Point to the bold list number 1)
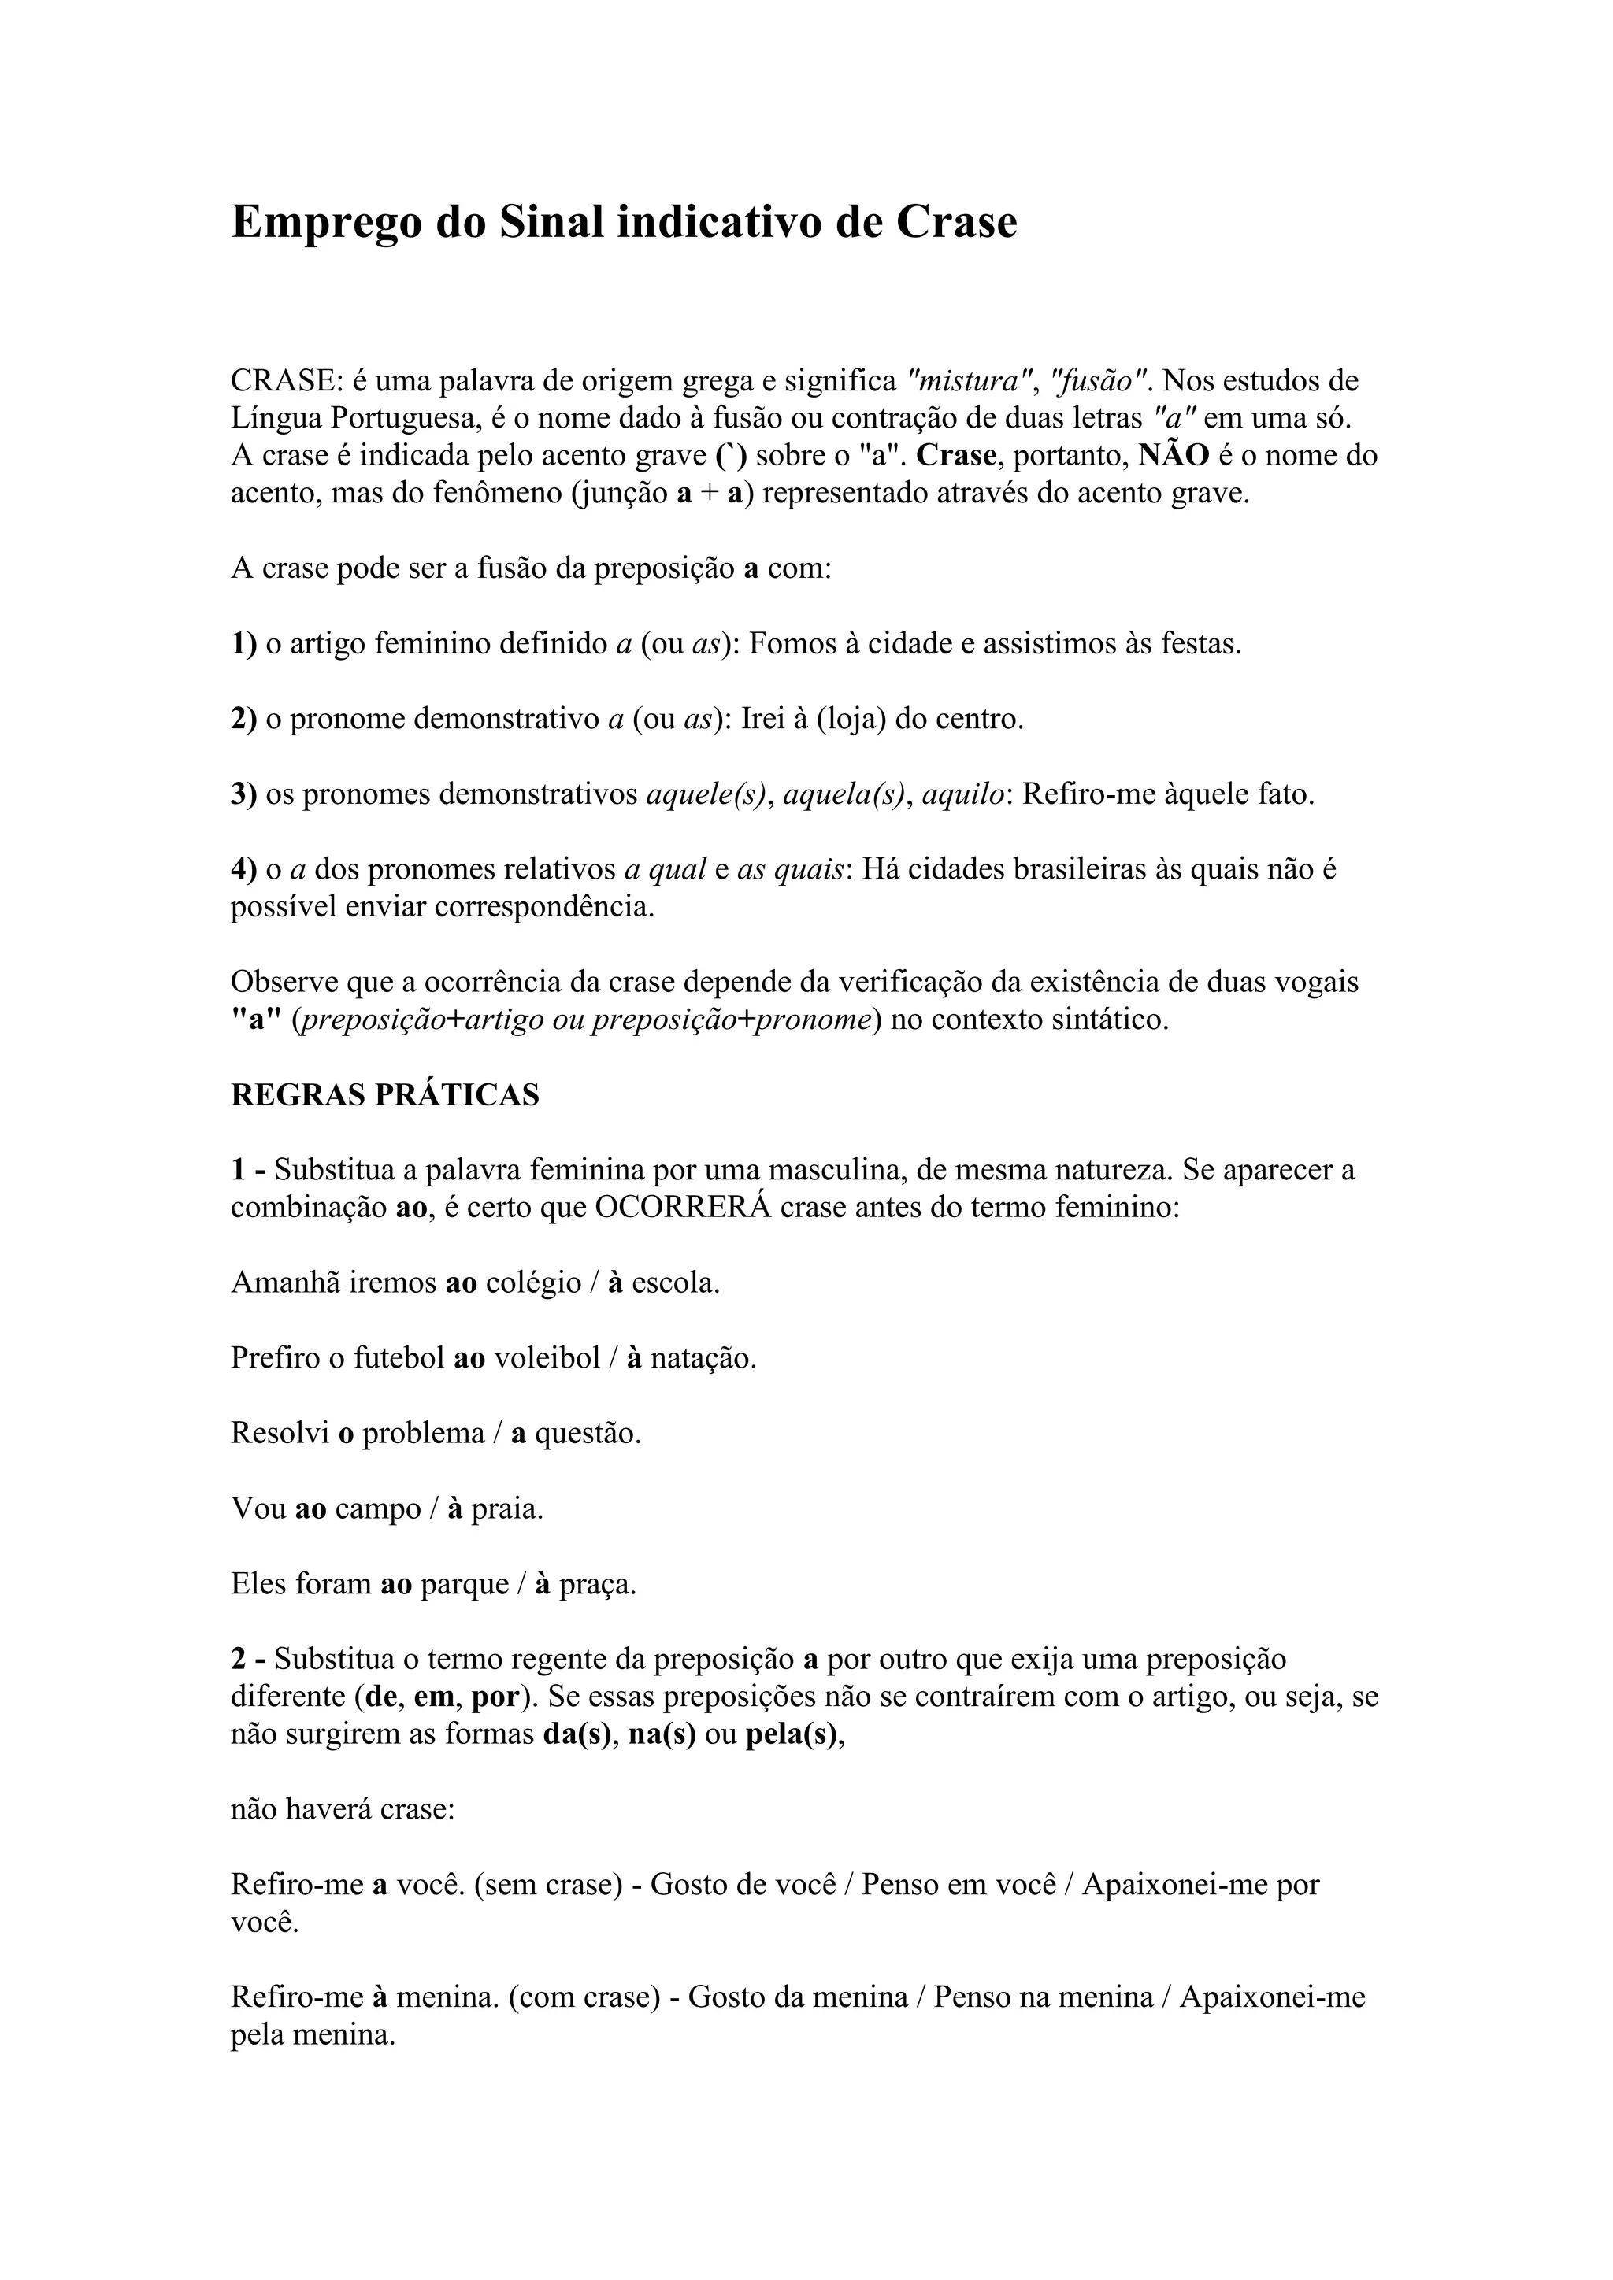[x=243, y=645]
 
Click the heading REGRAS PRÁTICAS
[x=384, y=1095]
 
